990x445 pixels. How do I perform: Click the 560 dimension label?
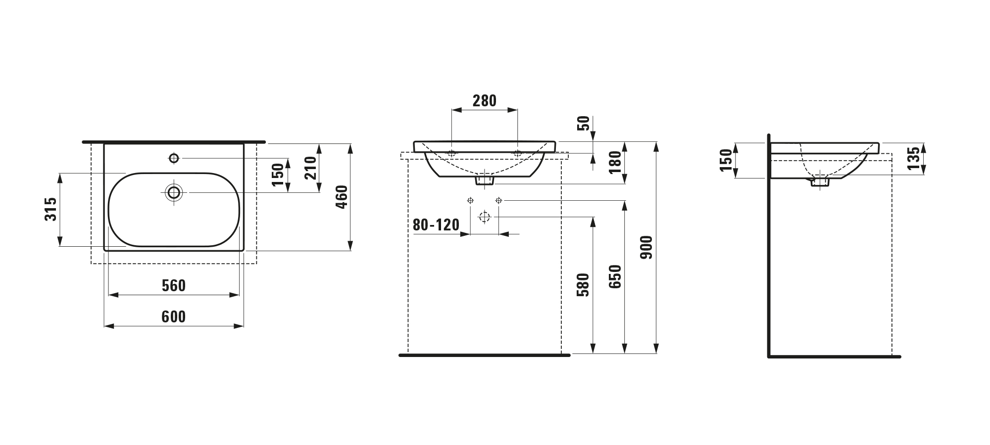pos(174,285)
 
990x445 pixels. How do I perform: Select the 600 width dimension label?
pos(174,316)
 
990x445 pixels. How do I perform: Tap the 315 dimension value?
pos(51,209)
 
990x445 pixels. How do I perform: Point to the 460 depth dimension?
pos(342,197)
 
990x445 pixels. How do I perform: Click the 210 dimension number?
pos(310,168)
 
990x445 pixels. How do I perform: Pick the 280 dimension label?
pos(484,100)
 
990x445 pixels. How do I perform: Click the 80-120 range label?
pos(436,225)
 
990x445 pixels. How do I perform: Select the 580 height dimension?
pos(584,284)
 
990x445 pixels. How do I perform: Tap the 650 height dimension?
pos(615,277)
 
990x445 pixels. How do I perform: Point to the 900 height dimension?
pos(647,247)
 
